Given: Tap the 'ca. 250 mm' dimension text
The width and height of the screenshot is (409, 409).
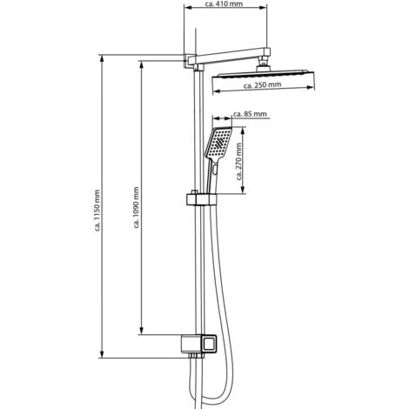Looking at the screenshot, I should (x=263, y=87).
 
